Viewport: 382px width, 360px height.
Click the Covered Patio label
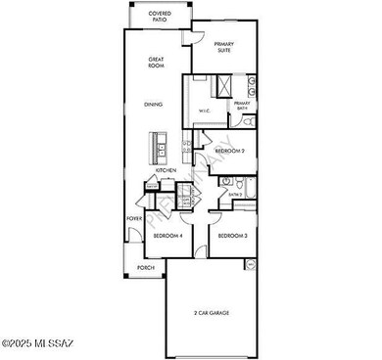click(160, 17)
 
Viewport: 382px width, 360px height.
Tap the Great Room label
click(156, 64)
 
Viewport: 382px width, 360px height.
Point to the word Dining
click(154, 104)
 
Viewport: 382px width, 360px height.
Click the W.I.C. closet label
click(205, 111)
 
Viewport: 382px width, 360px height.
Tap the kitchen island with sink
click(159, 148)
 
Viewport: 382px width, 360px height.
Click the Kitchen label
click(166, 171)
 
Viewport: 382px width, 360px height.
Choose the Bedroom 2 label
click(229, 151)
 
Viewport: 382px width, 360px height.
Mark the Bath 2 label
click(236, 195)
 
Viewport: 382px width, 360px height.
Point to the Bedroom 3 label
click(231, 237)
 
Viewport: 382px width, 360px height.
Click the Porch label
click(146, 267)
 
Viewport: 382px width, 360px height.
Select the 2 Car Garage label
click(211, 313)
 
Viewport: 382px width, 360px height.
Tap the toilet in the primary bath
click(247, 122)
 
